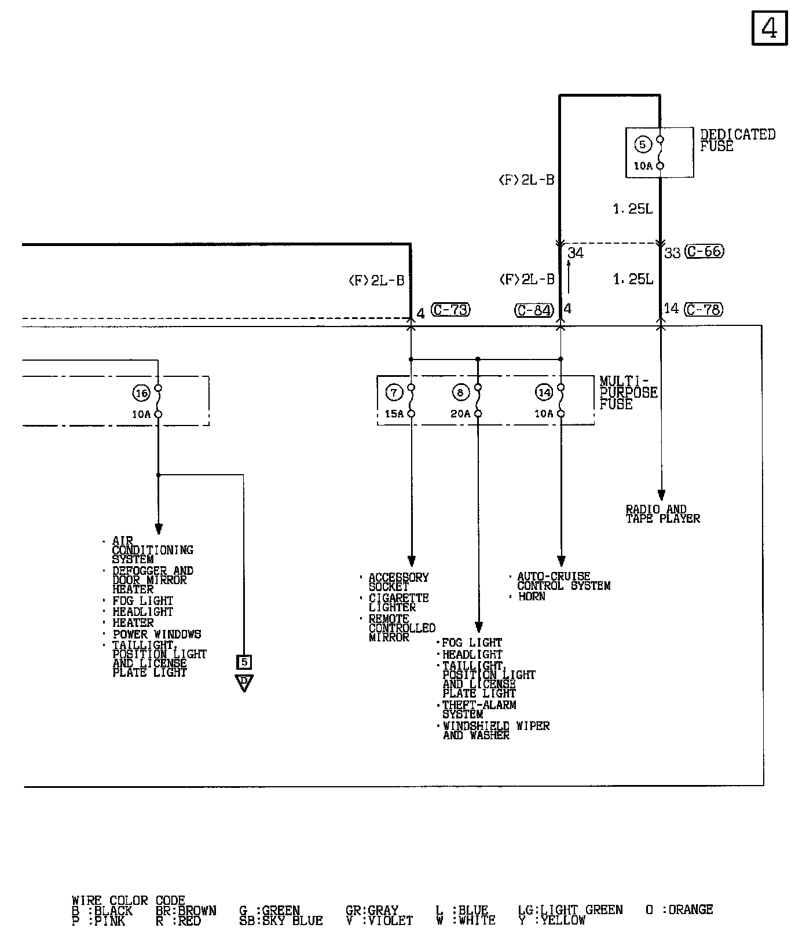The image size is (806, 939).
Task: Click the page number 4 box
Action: pos(770,28)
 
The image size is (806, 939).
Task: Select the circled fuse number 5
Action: pos(642,144)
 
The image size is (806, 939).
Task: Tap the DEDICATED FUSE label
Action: pos(737,140)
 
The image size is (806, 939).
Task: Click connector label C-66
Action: pos(704,252)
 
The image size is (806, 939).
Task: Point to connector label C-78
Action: pos(704,310)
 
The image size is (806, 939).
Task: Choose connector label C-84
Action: pos(534,310)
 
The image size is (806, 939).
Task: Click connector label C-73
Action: pos(450,310)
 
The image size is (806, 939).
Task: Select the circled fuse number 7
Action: pos(394,393)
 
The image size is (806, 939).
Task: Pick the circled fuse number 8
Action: pos(460,393)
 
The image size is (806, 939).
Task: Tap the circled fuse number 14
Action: pos(544,393)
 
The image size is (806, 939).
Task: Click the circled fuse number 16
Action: pos(141,394)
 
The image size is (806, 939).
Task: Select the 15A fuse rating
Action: pos(394,414)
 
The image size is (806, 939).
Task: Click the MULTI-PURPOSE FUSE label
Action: pos(628,393)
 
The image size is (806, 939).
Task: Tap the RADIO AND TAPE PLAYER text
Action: pos(662,514)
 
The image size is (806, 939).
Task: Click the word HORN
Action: pos(532,596)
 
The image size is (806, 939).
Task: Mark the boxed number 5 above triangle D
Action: pos(244,661)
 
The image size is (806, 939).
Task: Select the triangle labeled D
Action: pos(244,682)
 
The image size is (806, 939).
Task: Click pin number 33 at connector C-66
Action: pos(672,253)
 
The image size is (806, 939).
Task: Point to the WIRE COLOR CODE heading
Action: pos(128,901)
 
